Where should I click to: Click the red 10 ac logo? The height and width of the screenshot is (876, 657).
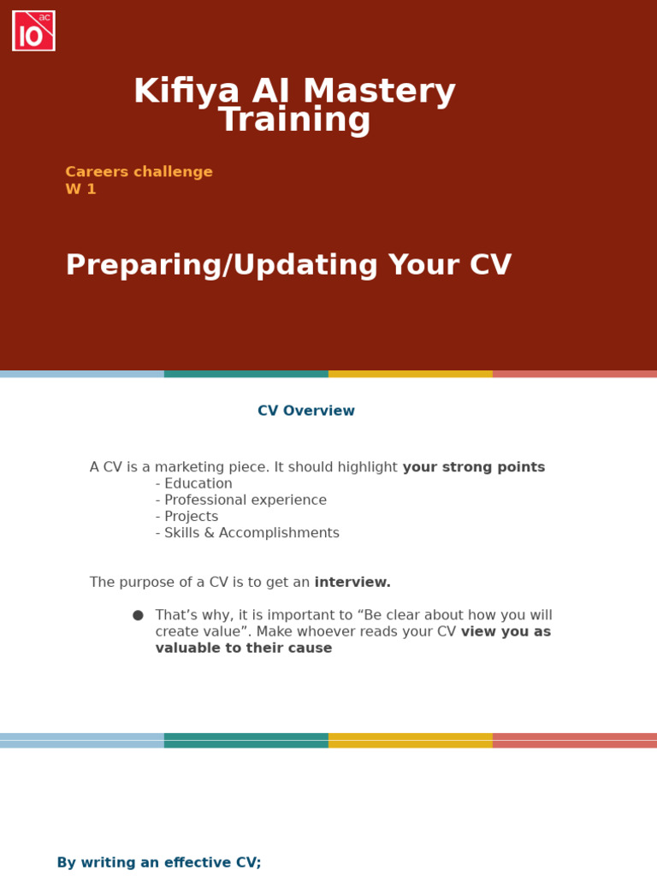(33, 31)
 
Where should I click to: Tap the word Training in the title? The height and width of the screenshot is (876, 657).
(294, 121)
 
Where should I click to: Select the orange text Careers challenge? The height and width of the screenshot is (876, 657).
(139, 172)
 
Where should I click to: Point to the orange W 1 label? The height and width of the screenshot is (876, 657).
(80, 190)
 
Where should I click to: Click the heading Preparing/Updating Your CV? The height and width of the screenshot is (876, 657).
(288, 266)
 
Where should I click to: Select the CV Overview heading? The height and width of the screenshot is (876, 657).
(306, 411)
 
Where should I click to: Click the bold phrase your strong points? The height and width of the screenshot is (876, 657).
(473, 468)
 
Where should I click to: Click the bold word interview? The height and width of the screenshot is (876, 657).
(352, 583)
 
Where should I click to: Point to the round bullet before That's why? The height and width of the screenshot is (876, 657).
(138, 615)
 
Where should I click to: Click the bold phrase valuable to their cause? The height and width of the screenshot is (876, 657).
(244, 648)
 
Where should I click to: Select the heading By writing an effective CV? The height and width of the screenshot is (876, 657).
(159, 863)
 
